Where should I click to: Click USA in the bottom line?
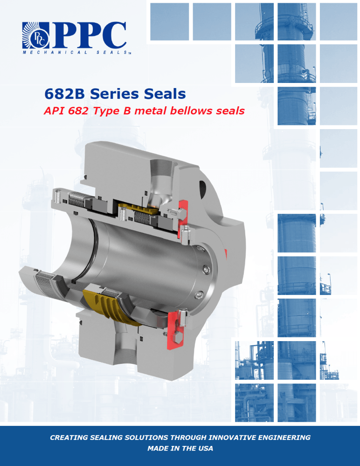coord(205,448)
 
